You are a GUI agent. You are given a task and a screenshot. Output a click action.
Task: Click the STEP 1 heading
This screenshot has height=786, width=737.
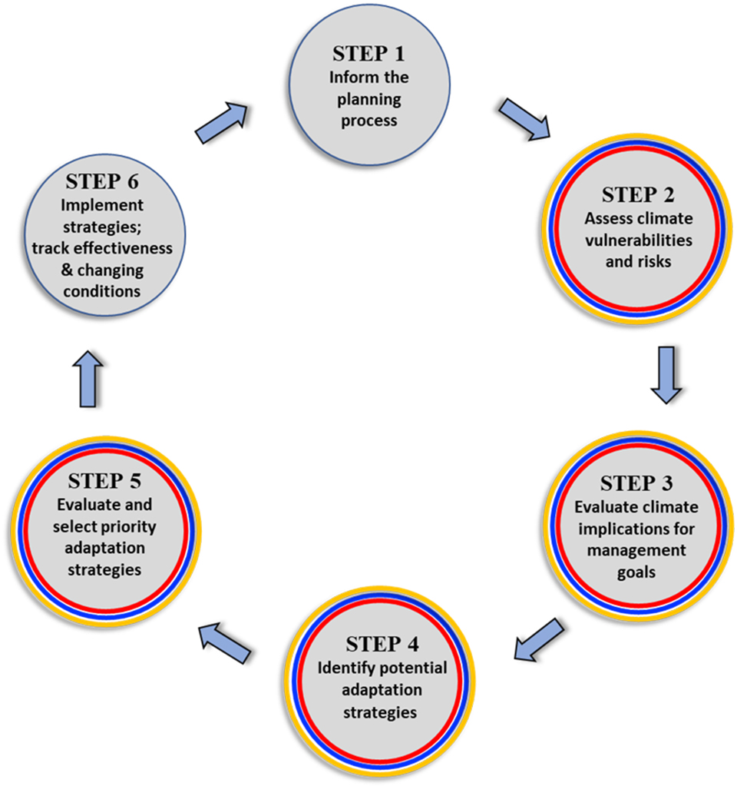click(368, 55)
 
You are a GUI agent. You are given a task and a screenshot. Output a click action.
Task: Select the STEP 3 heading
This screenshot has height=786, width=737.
click(636, 484)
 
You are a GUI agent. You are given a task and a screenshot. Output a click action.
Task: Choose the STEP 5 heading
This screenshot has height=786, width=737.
click(106, 482)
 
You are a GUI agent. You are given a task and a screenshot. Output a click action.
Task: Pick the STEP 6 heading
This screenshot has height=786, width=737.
click(105, 182)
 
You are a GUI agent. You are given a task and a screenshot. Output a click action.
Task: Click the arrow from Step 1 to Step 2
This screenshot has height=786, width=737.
click(524, 118)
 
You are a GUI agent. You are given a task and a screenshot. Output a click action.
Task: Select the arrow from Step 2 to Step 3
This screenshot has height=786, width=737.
click(666, 374)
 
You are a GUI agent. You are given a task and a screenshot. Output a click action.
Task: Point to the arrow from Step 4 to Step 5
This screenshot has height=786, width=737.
click(224, 642)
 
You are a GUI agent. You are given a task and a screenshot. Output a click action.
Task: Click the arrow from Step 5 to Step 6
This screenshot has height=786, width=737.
click(91, 379)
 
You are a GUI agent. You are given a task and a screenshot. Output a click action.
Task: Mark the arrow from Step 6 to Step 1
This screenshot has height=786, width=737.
click(222, 123)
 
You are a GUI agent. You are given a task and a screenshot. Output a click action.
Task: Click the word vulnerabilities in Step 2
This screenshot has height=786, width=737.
click(637, 240)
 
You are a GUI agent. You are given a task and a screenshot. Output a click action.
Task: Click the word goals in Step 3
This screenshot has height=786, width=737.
click(636, 573)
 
